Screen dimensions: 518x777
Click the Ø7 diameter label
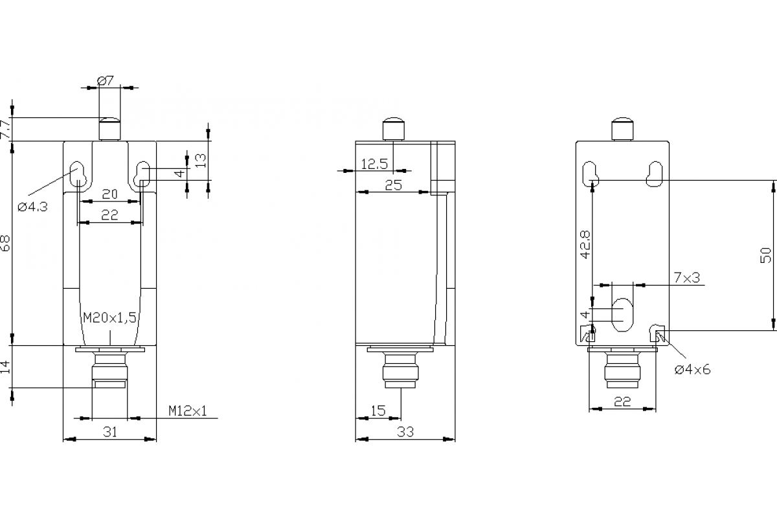[106, 81]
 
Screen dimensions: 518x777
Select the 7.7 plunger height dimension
[5, 129]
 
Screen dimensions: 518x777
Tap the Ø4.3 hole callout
[32, 207]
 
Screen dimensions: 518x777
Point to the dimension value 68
[5, 244]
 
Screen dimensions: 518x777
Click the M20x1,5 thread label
[110, 318]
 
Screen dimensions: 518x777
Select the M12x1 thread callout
[188, 411]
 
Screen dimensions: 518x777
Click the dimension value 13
[201, 160]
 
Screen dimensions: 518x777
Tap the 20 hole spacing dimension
[110, 194]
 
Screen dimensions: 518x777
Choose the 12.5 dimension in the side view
[374, 164]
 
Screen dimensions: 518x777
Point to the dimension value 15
[377, 411]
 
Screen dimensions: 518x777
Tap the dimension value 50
[766, 255]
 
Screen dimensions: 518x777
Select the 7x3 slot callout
[686, 278]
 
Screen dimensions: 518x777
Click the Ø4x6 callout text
[692, 369]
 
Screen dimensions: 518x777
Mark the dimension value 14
[5, 367]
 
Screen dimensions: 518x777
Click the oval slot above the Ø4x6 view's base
[623, 315]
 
